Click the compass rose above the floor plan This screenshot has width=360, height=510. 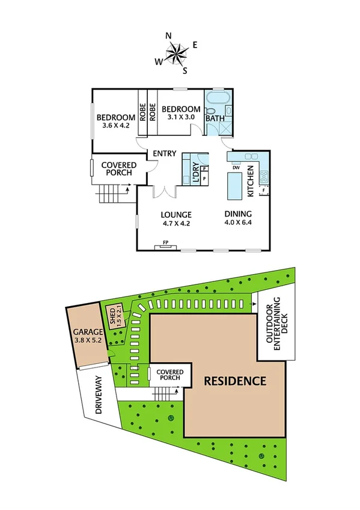(176, 54)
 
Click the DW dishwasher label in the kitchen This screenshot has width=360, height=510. (236, 167)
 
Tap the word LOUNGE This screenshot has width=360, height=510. (176, 214)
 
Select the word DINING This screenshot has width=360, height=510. (238, 214)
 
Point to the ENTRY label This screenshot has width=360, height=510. (164, 154)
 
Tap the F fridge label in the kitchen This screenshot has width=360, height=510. (263, 191)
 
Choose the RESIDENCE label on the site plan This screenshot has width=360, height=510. (234, 381)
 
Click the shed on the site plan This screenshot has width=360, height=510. (112, 316)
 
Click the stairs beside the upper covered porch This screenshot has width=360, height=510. (109, 194)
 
